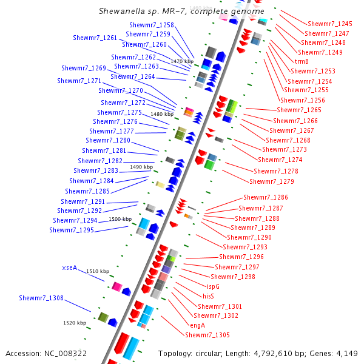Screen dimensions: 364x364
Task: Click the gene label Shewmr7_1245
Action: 329,23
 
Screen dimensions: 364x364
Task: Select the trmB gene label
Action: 302,61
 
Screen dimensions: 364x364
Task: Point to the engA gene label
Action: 198,325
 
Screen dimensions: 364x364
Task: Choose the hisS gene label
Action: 207,296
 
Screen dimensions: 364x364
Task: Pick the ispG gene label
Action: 213,286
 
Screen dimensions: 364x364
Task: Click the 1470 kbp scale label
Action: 182,61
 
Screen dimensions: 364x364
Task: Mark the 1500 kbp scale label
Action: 120,219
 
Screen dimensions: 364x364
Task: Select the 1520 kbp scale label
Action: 75,323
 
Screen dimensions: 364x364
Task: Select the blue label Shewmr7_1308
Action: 41,298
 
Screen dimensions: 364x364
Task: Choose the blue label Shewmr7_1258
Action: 152,25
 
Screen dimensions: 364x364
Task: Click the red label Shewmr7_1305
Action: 207,335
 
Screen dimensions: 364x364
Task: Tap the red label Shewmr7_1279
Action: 272,181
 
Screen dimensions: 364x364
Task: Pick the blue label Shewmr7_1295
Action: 72,230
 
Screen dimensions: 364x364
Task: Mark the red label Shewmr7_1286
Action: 266,197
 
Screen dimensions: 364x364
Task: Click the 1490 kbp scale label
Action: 141,167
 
